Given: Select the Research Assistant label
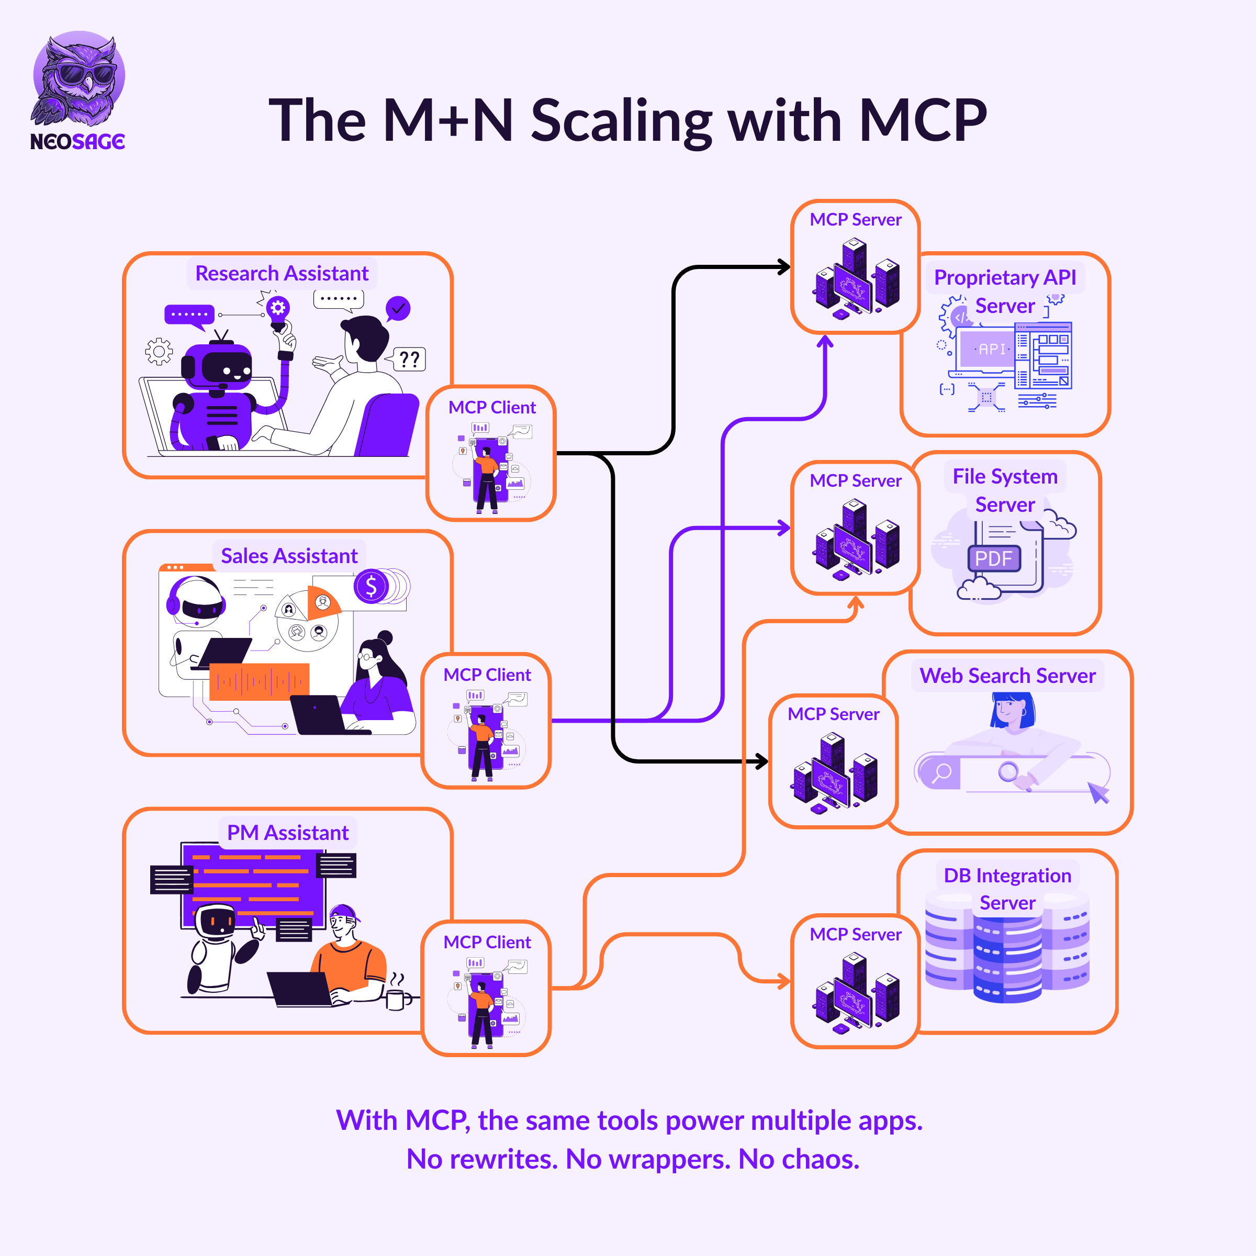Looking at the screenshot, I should point(282,274).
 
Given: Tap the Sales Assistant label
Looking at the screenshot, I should point(289,556).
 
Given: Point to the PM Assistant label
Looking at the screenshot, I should point(287,833).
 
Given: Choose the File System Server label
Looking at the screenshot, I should point(1005,490).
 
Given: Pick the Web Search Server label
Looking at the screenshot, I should point(1007,676).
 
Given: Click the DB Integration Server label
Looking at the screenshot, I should point(1007,889).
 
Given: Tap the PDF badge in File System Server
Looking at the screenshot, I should point(993,558).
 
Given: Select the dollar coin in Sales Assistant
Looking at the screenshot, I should point(371,586).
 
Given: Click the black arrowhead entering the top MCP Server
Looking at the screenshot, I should point(784,266).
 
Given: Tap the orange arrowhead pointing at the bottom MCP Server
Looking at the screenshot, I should point(784,981).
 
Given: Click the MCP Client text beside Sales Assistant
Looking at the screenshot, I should point(487,675).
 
